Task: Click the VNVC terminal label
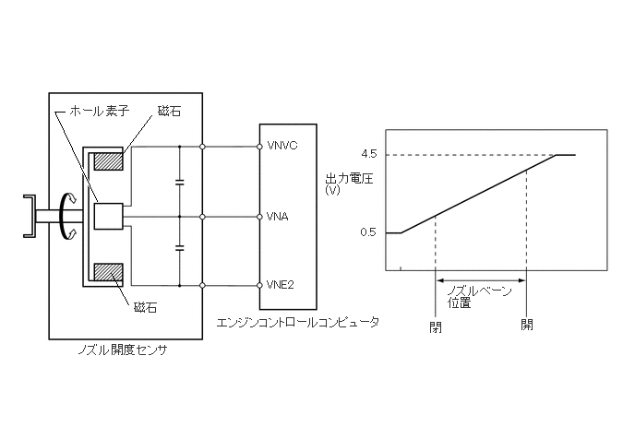[281, 146]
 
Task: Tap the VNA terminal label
[277, 218]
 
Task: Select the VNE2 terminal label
[280, 284]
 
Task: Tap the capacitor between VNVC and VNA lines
[179, 182]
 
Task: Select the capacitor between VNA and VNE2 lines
[179, 249]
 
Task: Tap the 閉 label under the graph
[436, 325]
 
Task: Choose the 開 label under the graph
[526, 325]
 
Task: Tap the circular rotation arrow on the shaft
[64, 217]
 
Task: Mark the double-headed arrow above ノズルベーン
[480, 280]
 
